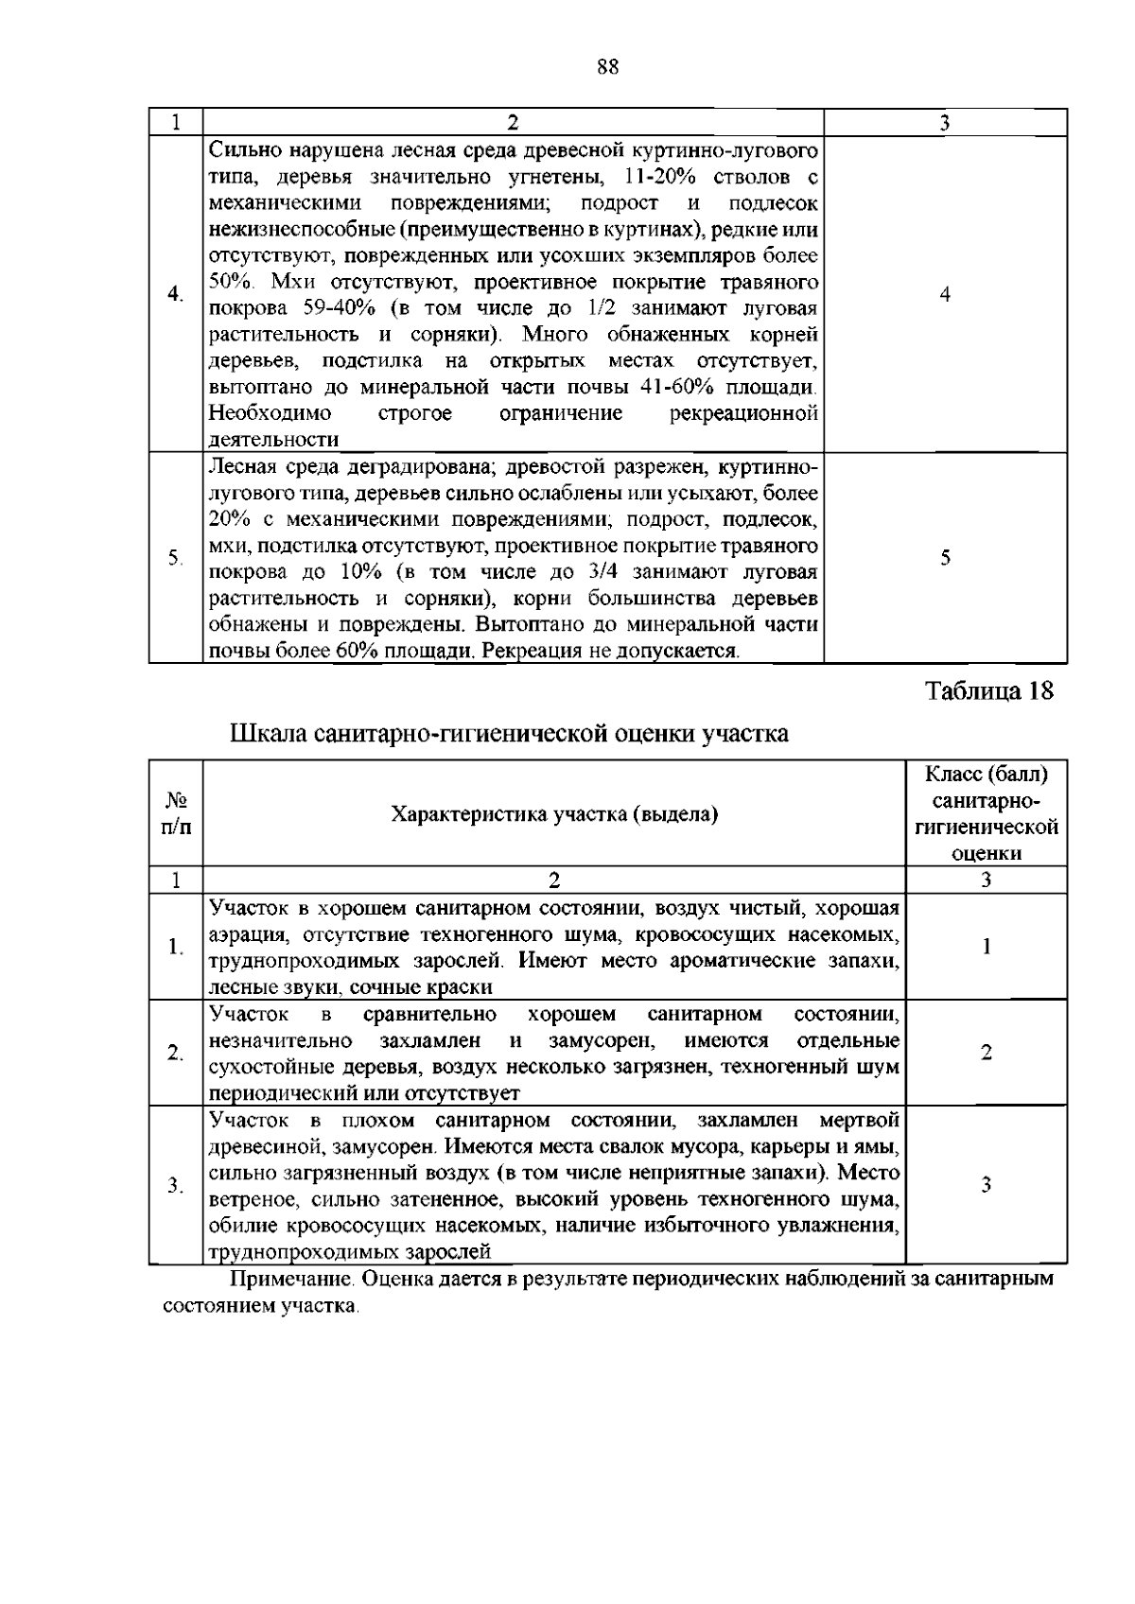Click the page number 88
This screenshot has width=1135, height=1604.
coord(608,67)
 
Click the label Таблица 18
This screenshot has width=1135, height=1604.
coord(988,691)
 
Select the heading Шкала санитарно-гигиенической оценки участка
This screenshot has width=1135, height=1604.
coord(510,734)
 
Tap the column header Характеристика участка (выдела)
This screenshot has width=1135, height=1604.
coord(554,814)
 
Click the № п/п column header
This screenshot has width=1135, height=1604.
coord(176,813)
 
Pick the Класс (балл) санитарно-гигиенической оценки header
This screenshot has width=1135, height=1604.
coord(987,813)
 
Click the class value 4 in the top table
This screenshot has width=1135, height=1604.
coord(945,295)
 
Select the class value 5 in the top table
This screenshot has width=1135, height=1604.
coord(945,558)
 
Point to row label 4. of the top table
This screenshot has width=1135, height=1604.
coord(175,295)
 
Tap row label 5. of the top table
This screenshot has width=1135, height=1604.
coord(175,558)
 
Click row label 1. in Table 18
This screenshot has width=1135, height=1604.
coord(175,947)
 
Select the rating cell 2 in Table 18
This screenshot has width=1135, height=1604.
coord(986,1053)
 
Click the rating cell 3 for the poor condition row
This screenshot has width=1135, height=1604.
coord(986,1185)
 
